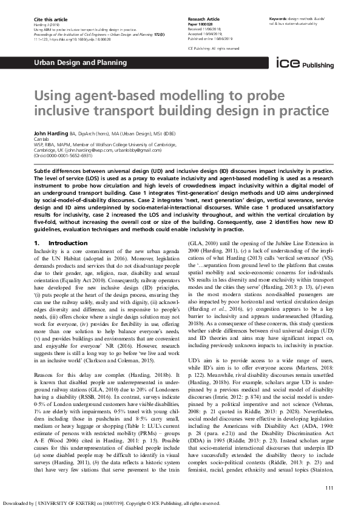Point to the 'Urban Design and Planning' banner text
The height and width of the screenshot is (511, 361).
(x=65, y=63)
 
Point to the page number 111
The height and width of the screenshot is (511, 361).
(x=329, y=488)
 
